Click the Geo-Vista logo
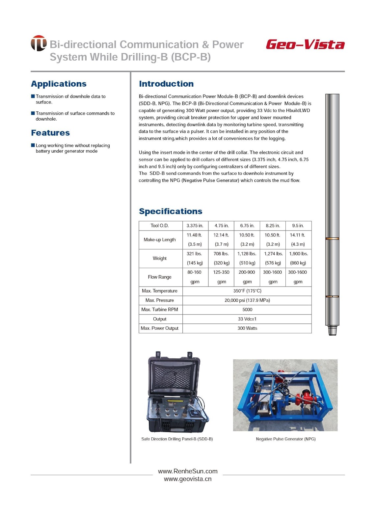coord(305,44)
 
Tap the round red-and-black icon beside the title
coord(39,43)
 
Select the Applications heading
coord(59,84)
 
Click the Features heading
coord(50,133)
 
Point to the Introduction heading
coord(166,84)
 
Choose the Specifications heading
coord(171,211)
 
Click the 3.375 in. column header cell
coord(195,226)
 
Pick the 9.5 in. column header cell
coord(298,226)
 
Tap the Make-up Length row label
coord(160,240)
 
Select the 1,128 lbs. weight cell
coord(247,254)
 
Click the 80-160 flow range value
coord(194,272)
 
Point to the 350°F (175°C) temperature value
coord(247,291)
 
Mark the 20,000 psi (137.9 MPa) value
coord(247,300)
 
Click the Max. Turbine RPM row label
coord(160,310)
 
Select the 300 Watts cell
coord(247,328)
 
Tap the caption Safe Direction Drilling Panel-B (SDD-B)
coord(177,439)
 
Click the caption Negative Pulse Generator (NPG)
coord(286,439)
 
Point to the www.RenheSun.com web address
coord(188,471)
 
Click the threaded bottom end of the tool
coord(332,330)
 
